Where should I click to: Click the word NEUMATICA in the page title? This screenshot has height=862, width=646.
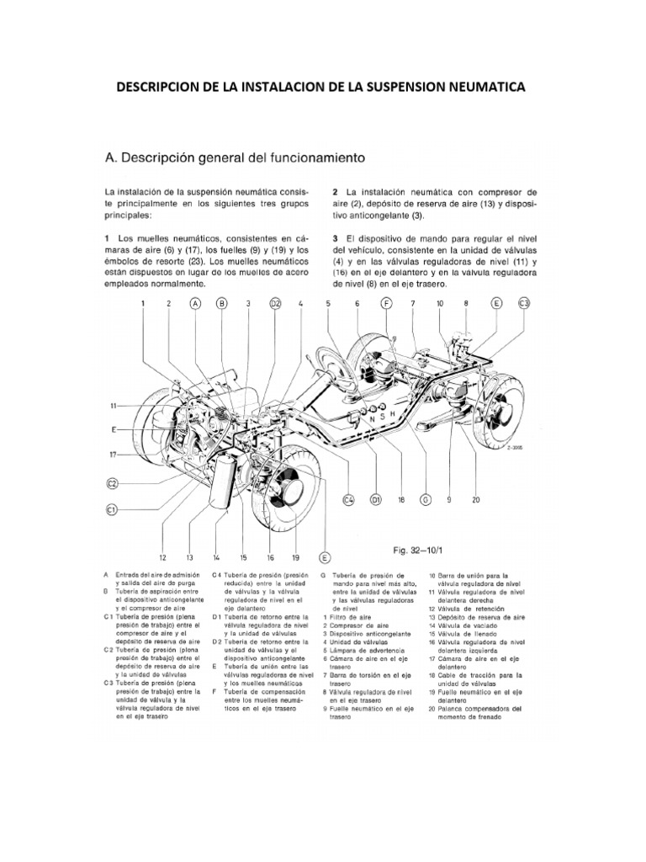click(x=474, y=88)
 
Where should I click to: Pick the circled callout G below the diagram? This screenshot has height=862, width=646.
click(x=426, y=499)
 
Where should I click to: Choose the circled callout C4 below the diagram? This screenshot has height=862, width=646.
click(x=350, y=499)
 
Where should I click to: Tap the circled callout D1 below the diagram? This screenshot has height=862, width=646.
click(x=376, y=499)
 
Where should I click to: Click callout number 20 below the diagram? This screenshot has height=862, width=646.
click(x=475, y=499)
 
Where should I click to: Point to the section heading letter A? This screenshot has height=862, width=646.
click(x=107, y=157)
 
